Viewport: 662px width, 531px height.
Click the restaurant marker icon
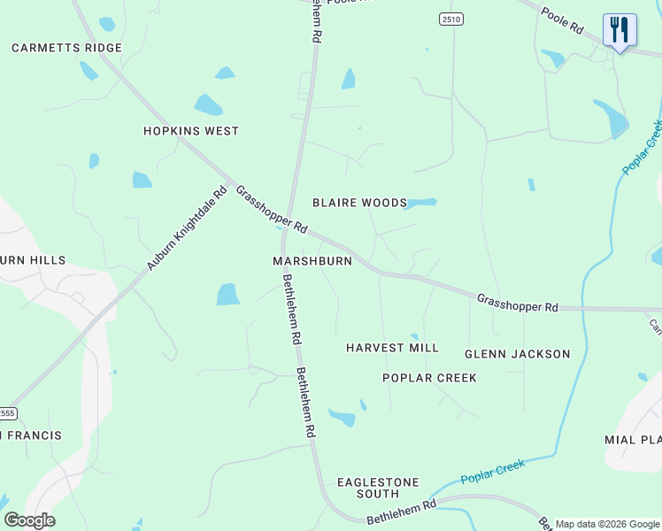tap(620, 30)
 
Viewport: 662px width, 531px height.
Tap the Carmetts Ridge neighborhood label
tap(66, 48)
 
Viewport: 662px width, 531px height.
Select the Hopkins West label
tap(191, 131)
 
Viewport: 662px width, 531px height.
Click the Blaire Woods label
tap(359, 203)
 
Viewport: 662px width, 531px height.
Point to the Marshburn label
tap(312, 261)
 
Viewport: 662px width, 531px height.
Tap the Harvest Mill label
tap(392, 348)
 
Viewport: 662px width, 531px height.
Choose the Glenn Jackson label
tap(518, 354)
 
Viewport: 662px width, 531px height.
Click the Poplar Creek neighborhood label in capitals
tap(429, 378)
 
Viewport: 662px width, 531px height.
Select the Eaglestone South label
tap(378, 488)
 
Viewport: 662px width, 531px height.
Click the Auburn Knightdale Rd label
tap(188, 228)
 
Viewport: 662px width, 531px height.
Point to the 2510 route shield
tap(450, 19)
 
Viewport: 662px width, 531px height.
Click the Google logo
tap(29, 520)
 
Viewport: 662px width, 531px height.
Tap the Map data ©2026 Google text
tap(607, 524)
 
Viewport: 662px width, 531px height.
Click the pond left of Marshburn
tap(228, 294)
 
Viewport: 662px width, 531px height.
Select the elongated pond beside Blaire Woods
tap(421, 203)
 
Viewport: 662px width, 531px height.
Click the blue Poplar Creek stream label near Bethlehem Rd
tap(492, 472)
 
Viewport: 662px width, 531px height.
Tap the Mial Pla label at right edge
tap(634, 440)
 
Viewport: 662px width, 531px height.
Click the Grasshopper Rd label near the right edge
tap(518, 303)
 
